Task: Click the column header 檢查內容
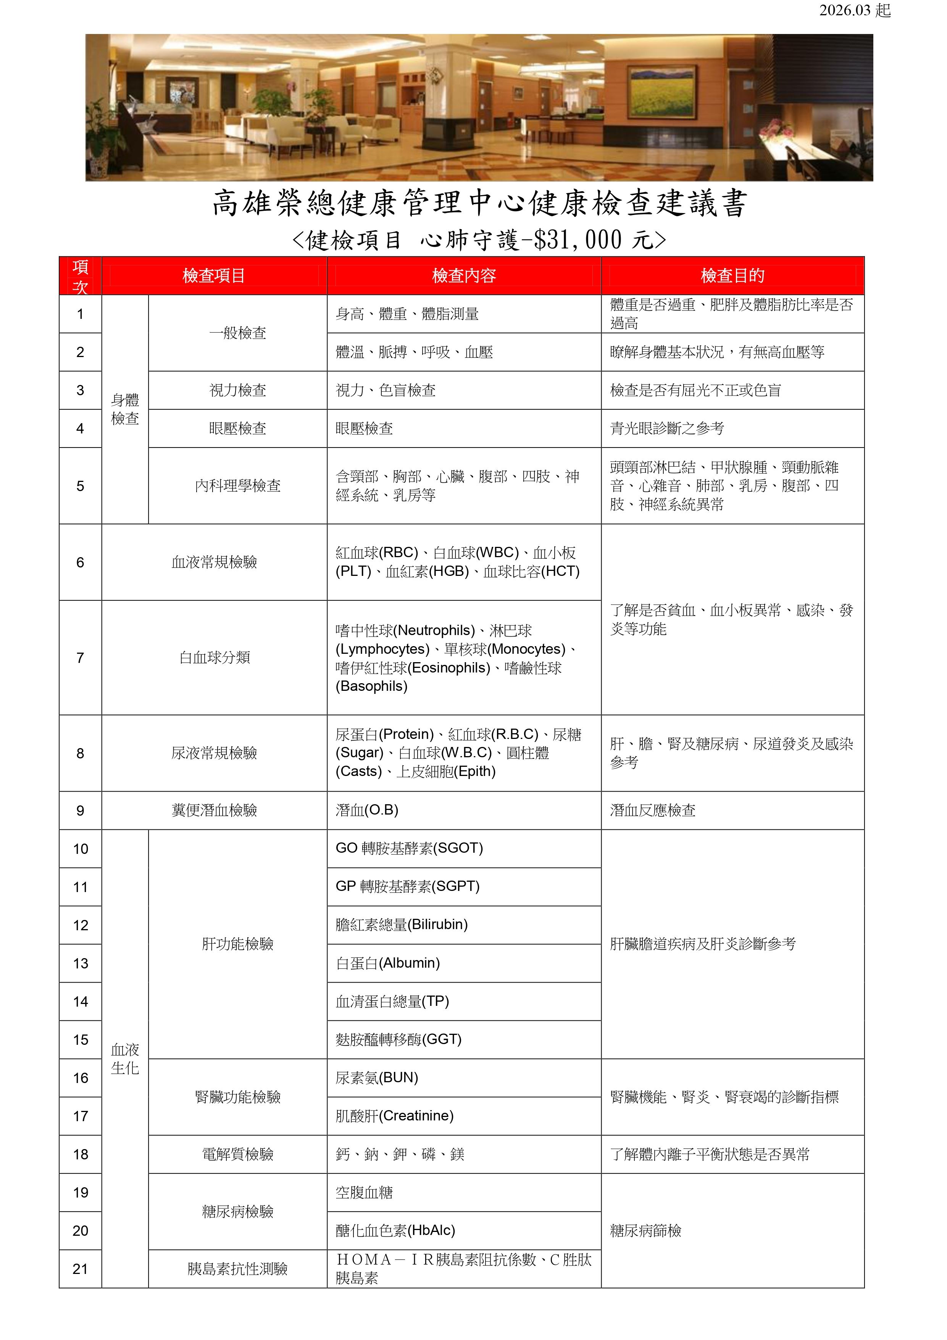click(x=464, y=275)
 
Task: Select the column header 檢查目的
click(x=732, y=275)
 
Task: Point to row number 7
click(x=81, y=658)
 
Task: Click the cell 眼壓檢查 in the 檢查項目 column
click(x=237, y=428)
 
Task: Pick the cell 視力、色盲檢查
click(x=386, y=390)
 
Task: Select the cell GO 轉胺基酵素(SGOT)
click(x=409, y=848)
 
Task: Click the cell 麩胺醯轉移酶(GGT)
click(x=398, y=1039)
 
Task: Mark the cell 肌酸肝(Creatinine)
click(x=394, y=1116)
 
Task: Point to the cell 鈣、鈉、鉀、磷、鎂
click(x=400, y=1154)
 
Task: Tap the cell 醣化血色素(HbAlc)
click(x=395, y=1231)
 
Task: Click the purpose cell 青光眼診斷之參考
click(x=667, y=428)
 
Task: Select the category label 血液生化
click(x=125, y=1059)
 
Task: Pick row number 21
click(x=81, y=1269)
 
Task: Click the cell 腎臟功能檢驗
click(x=237, y=1097)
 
